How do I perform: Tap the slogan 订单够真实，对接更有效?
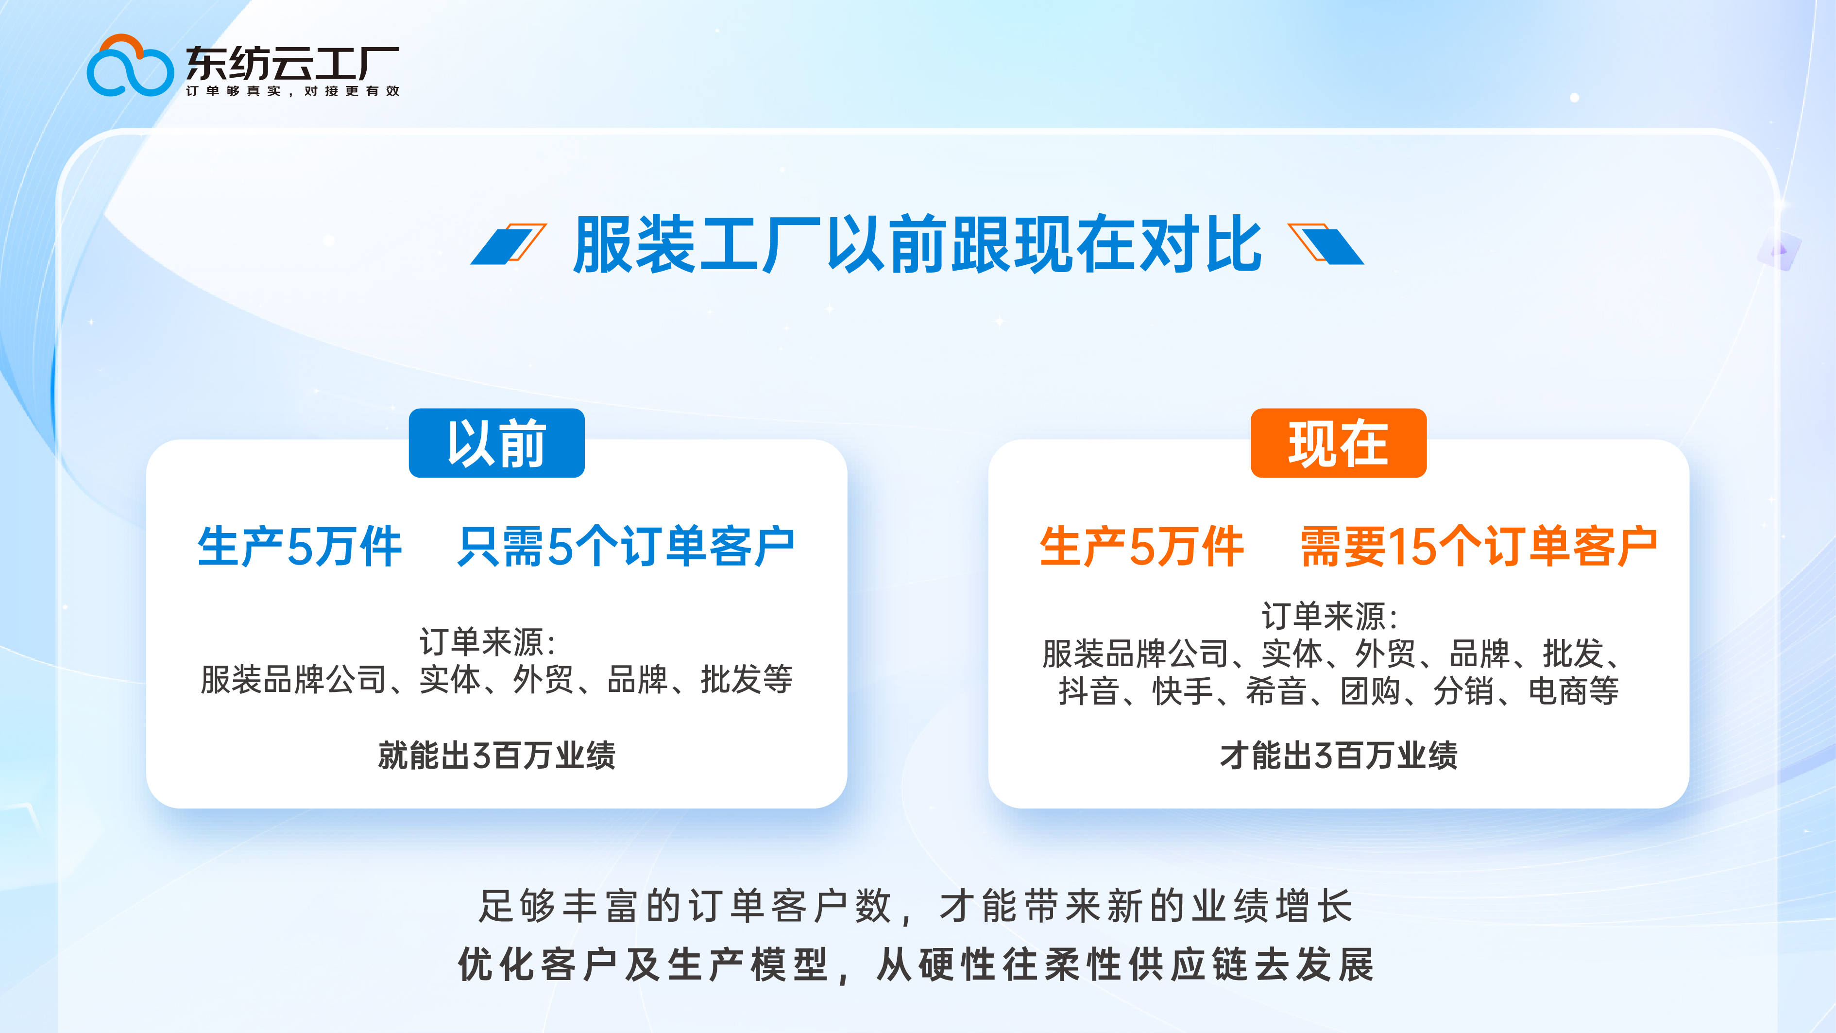coord(292,91)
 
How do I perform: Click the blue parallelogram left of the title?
coord(508,244)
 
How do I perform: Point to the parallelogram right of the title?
coord(1326,244)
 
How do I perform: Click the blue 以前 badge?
coord(496,443)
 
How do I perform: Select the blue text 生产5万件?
coord(299,547)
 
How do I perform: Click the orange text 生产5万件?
coord(1141,547)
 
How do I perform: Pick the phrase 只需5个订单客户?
coord(626,547)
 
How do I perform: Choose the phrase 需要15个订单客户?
coord(1479,547)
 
